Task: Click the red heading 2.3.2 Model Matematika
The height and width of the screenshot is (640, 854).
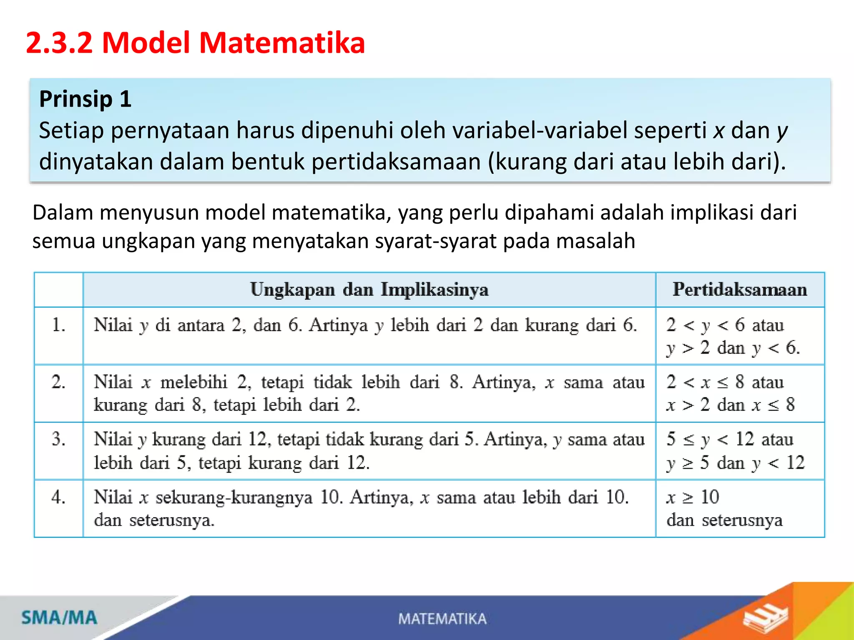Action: [x=195, y=43]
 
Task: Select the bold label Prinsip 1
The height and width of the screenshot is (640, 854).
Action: [x=85, y=99]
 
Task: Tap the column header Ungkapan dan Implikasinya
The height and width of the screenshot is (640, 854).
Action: [x=369, y=290]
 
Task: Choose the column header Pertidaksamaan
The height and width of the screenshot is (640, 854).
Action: [x=740, y=290]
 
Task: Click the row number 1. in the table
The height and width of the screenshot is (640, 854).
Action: [x=58, y=325]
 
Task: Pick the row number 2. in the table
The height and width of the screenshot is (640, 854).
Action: [x=58, y=382]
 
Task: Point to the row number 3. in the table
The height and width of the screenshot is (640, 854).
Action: [x=58, y=440]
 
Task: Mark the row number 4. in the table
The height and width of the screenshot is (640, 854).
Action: [x=58, y=497]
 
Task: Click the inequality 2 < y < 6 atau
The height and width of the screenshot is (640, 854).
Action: [x=725, y=325]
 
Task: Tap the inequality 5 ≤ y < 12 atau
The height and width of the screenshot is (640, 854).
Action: [x=729, y=440]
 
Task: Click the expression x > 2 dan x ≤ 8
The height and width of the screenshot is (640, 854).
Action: [x=731, y=405]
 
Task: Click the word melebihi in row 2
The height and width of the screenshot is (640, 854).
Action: [x=194, y=382]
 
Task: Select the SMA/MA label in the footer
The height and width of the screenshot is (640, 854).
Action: [x=59, y=618]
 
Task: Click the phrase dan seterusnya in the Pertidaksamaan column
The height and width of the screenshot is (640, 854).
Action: [x=724, y=520]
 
